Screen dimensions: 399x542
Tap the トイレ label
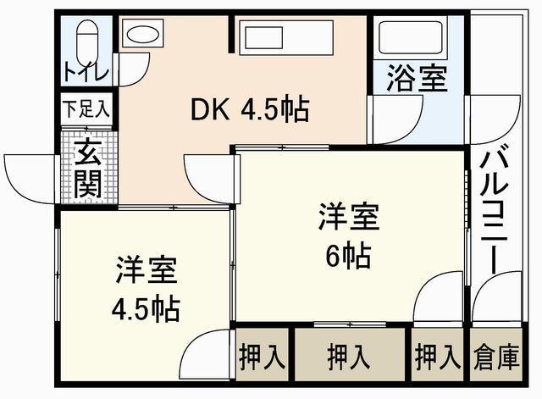86,75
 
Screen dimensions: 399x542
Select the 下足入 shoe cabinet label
86,108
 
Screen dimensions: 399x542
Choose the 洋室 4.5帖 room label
146,293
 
